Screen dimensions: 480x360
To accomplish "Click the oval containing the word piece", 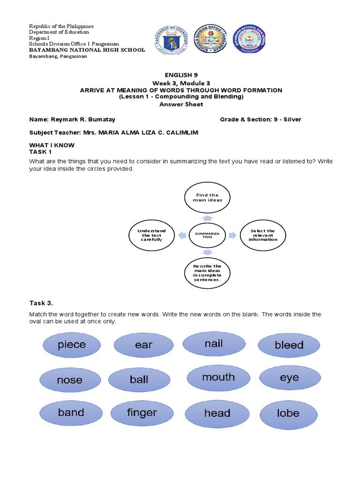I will (72, 345).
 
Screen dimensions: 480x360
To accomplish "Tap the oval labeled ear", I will (143, 345).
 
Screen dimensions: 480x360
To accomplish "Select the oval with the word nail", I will (214, 344).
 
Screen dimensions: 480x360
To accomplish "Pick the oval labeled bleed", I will (289, 345).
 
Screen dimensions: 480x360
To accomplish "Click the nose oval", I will (69, 380).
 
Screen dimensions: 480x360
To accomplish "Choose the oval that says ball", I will (139, 380).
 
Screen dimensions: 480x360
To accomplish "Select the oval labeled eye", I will (289, 378).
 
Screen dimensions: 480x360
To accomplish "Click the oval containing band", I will (71, 413).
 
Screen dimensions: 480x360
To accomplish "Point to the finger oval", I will (142, 413).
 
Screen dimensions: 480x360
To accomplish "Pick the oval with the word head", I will (217, 414).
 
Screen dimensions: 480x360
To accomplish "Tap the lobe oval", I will (288, 413).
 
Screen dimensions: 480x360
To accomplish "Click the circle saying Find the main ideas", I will (207, 198).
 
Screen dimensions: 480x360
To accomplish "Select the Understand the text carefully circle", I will (151, 235).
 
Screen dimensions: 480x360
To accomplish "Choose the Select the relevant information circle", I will (262, 235).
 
